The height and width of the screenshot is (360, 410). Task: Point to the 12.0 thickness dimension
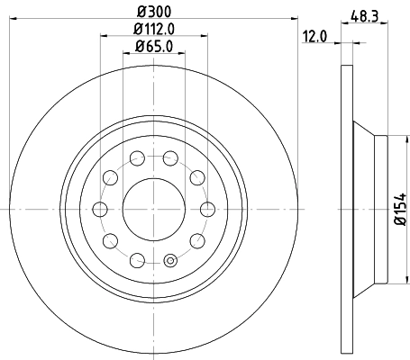click(x=314, y=38)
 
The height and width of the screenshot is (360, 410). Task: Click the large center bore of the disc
click(x=153, y=209)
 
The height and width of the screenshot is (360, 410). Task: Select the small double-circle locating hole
click(x=169, y=263)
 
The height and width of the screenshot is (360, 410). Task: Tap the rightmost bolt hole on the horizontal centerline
click(x=207, y=209)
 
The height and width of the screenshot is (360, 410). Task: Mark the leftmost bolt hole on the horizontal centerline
click(x=98, y=209)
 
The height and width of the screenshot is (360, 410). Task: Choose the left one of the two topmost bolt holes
click(x=137, y=158)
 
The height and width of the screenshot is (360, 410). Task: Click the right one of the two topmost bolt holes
click(x=169, y=158)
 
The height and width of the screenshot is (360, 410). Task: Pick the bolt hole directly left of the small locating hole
click(x=137, y=260)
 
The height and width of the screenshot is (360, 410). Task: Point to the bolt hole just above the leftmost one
click(x=109, y=177)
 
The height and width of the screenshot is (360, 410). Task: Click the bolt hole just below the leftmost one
click(x=109, y=240)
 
